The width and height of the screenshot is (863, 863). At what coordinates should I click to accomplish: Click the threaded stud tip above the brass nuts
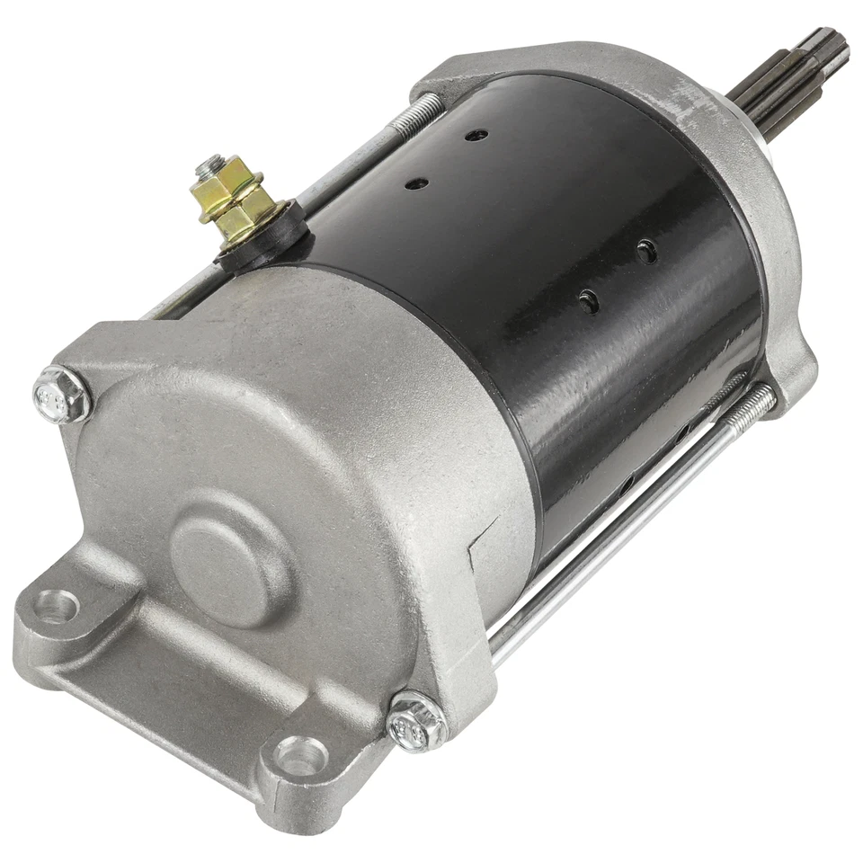click(211, 162)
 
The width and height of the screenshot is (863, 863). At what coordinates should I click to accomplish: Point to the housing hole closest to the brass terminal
click(417, 183)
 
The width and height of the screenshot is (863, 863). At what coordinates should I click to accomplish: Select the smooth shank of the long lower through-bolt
click(611, 539)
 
